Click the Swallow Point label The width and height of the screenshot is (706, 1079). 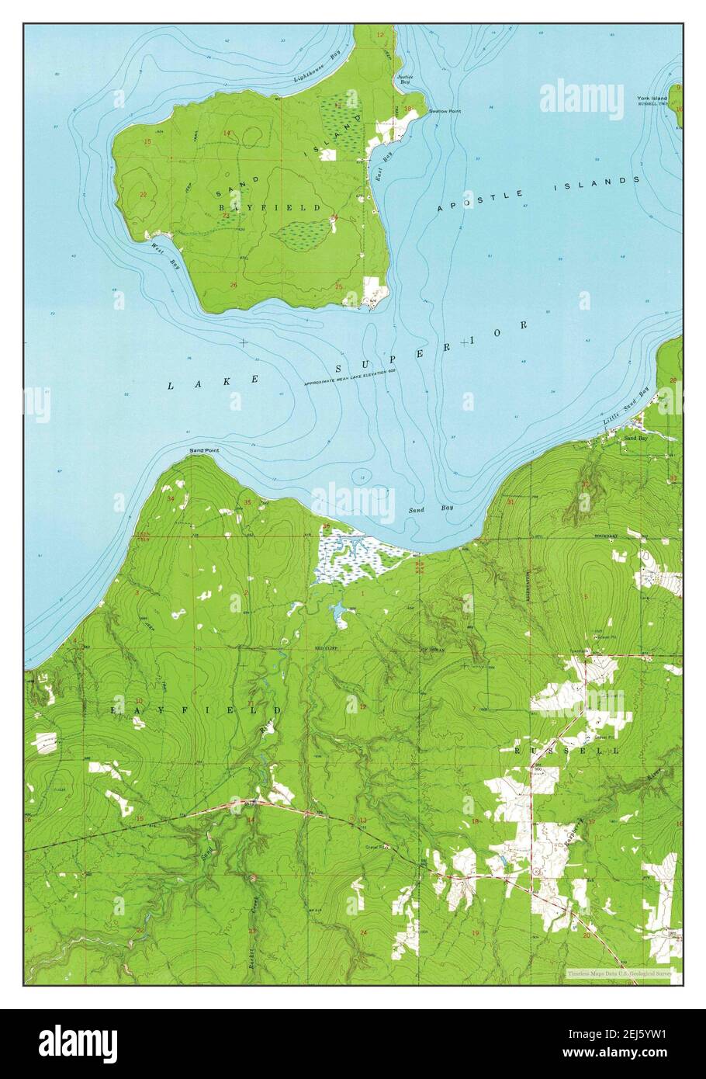[x=446, y=112]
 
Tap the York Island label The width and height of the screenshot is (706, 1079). [x=652, y=99]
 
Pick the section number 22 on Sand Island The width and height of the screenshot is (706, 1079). [x=143, y=194]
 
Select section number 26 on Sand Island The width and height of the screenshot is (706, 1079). [x=234, y=285]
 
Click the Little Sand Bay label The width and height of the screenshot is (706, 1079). [x=625, y=408]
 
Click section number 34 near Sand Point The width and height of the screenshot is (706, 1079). [x=171, y=498]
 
